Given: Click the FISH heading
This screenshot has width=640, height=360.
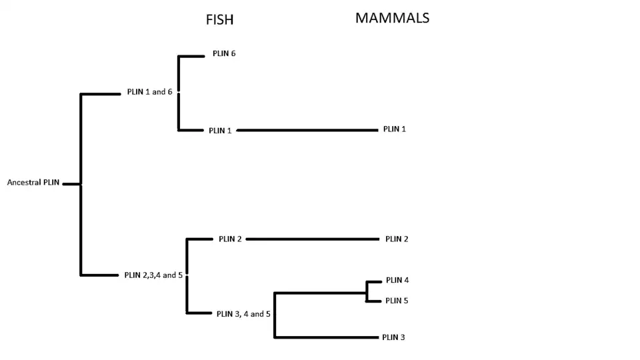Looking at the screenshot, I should pyautogui.click(x=219, y=20).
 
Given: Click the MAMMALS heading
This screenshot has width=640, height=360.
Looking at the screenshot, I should pyautogui.click(x=392, y=18).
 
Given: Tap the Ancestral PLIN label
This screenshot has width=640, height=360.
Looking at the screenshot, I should pyautogui.click(x=33, y=182).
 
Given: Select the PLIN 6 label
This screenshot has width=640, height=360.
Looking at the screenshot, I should pyautogui.click(x=224, y=53).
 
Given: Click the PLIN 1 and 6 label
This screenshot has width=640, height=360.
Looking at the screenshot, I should pyautogui.click(x=149, y=92).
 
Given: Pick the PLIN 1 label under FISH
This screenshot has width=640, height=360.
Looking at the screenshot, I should pyautogui.click(x=220, y=131).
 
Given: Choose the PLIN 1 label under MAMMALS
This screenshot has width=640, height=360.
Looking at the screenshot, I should pyautogui.click(x=395, y=129).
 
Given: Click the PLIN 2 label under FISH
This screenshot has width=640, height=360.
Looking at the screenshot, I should pyautogui.click(x=230, y=239).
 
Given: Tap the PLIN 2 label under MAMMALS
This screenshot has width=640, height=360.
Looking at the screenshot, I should pyautogui.click(x=397, y=239).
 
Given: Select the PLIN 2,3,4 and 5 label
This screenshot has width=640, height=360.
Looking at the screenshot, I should pyautogui.click(x=153, y=275).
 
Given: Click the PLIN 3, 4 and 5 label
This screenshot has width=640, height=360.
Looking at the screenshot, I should pyautogui.click(x=243, y=313).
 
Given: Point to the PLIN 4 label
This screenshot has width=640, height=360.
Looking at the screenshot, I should pyautogui.click(x=397, y=280).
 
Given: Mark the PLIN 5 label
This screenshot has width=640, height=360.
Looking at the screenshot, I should pyautogui.click(x=397, y=301).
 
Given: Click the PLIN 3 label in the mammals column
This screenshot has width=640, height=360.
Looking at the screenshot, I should pyautogui.click(x=393, y=337).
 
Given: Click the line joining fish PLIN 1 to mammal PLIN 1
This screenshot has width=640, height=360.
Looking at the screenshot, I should pyautogui.click(x=307, y=131).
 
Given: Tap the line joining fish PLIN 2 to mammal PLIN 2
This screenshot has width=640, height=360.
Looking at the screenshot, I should pyautogui.click(x=313, y=239).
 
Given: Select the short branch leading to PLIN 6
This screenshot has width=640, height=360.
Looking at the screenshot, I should pyautogui.click(x=191, y=56).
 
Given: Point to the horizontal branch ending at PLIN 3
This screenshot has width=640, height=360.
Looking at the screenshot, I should pyautogui.click(x=327, y=337).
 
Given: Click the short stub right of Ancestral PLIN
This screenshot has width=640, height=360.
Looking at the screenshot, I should pyautogui.click(x=71, y=183).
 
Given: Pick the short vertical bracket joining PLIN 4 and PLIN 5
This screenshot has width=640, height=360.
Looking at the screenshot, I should pyautogui.click(x=367, y=291).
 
